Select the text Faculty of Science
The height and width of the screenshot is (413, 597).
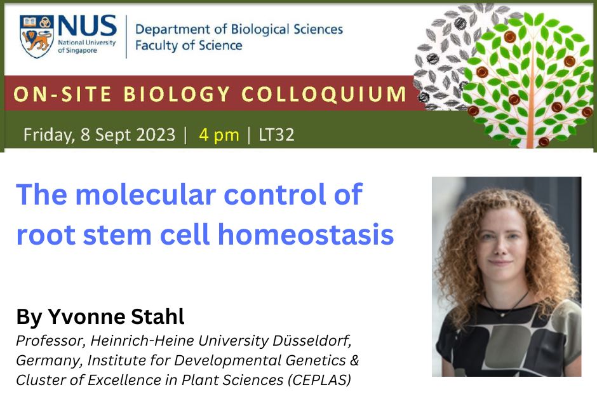coord(189,46)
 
